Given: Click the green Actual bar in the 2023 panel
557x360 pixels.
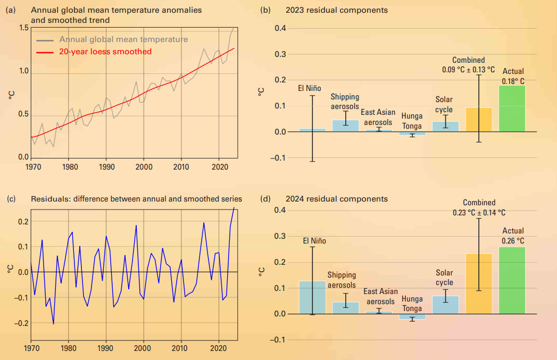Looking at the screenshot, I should pos(512,109).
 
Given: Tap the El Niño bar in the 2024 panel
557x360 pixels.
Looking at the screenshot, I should pos(313,297).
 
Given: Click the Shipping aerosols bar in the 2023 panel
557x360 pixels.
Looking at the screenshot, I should pos(345,126).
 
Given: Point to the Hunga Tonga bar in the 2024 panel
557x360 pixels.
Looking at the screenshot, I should pos(412,316).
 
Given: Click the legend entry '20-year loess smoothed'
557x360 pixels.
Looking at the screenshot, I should pos(105,52).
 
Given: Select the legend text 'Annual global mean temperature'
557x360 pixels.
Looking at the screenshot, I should pos(123,39).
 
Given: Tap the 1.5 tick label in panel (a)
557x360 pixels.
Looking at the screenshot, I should pos(24,28).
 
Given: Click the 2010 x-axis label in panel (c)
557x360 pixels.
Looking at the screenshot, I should pos(181,349).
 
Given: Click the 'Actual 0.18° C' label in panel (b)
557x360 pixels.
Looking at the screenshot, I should pos(513,76).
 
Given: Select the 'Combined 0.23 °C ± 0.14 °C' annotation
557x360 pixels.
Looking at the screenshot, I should pos(479,207).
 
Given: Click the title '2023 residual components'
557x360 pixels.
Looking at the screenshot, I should pos(337,10).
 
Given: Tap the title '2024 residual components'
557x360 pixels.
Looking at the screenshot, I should pos(337,199).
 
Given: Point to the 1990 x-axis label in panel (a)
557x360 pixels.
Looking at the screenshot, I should pos(106,167).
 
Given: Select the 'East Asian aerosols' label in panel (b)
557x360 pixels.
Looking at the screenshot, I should pos(378,117).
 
